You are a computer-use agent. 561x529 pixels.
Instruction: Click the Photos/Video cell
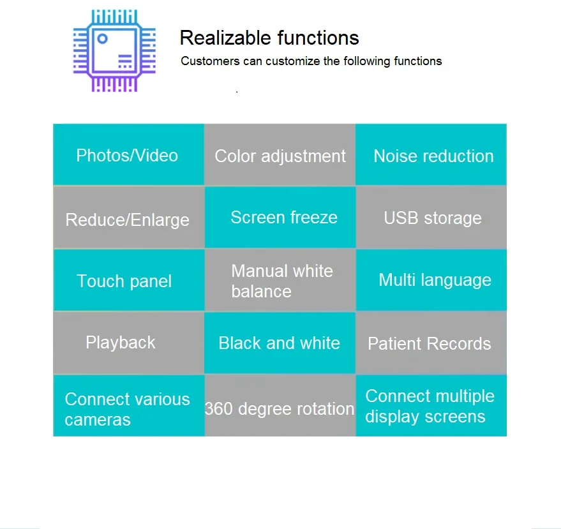tap(128, 154)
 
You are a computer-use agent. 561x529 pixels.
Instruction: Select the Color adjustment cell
tap(280, 155)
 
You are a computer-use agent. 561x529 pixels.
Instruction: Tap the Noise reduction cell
tap(431, 154)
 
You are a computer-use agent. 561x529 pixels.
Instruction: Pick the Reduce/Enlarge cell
tap(129, 217)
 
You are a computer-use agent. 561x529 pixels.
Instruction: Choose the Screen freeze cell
tap(280, 217)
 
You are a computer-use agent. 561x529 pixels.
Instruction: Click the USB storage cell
tap(431, 217)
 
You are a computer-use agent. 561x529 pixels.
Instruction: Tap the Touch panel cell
tap(129, 280)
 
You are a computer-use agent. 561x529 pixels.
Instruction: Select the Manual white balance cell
tap(280, 280)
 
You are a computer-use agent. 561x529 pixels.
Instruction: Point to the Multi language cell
tap(431, 280)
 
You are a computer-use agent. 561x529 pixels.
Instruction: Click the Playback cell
tap(128, 343)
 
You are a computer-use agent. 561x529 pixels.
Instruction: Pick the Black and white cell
tap(280, 343)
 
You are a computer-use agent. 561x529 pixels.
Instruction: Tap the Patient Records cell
tap(431, 343)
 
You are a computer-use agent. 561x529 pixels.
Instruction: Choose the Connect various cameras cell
tap(129, 406)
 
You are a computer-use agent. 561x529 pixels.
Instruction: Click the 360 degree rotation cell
tap(280, 405)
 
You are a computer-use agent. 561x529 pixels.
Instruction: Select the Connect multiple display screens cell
tap(431, 406)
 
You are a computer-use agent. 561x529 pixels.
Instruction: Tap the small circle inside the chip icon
tap(102, 39)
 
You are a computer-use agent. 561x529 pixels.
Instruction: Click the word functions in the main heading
tap(318, 38)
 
